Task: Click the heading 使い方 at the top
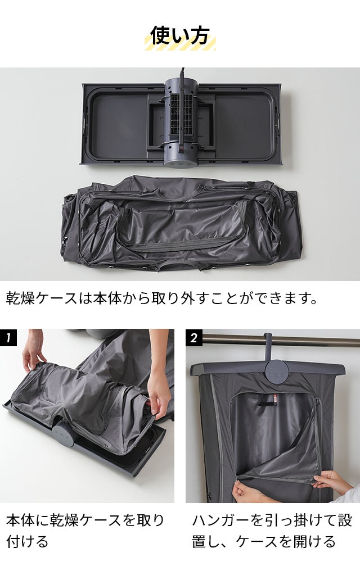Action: point(180,35)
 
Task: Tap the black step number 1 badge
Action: point(8,338)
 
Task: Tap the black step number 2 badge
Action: point(194,338)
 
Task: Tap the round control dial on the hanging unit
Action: point(276,371)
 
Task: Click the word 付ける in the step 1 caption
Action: point(28,542)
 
